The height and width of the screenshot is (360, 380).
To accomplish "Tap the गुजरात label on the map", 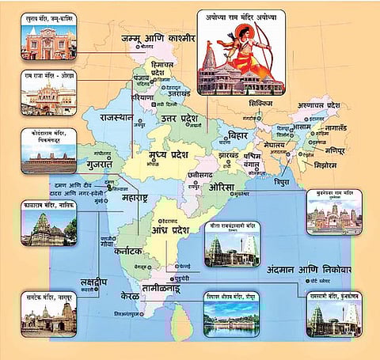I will click(97, 165).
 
